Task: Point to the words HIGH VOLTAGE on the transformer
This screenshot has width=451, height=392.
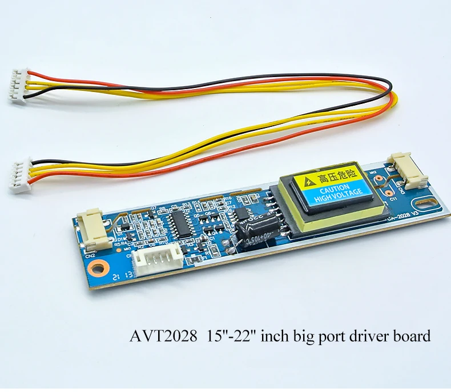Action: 340,194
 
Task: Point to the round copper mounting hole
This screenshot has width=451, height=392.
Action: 102,267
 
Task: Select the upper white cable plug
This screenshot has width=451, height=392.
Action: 20,86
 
